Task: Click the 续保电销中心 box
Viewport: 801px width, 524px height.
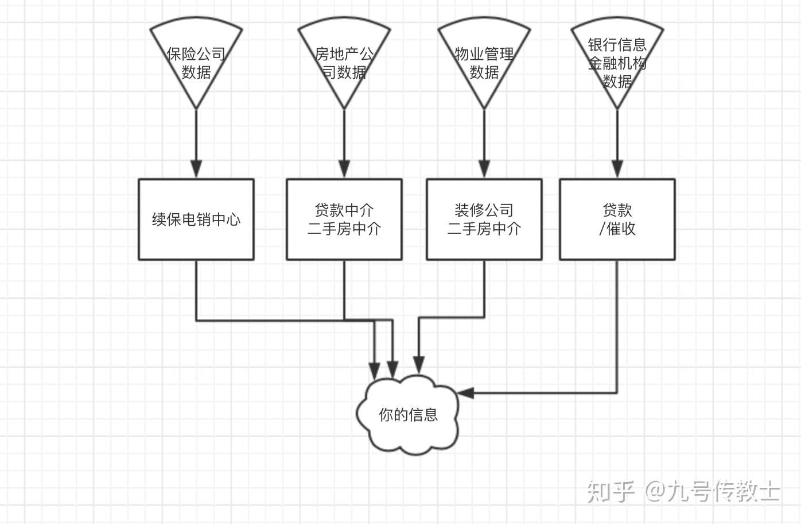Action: coord(196,219)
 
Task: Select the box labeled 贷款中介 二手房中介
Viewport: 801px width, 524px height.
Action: coord(344,219)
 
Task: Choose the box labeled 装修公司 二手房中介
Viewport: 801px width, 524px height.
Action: coord(484,219)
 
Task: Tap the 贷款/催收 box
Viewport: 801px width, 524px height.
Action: coord(617,219)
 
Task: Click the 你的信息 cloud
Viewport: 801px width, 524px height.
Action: coord(408,415)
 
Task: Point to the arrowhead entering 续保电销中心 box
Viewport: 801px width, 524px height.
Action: coord(196,169)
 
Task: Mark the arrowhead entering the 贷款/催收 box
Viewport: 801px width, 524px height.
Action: coord(617,169)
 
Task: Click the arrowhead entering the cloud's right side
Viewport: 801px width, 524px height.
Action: coord(465,393)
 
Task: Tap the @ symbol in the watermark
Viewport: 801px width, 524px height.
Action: coord(654,492)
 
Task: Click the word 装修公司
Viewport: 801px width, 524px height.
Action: coord(484,210)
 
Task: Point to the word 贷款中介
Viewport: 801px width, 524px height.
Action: coord(344,210)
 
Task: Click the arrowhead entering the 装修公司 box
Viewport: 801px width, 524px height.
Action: coord(484,169)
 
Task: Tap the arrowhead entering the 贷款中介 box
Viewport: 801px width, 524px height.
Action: coord(344,169)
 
